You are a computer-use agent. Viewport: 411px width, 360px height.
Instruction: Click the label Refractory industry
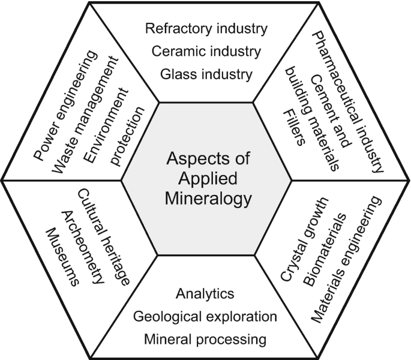(206, 28)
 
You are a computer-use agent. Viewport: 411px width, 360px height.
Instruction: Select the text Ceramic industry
(206, 52)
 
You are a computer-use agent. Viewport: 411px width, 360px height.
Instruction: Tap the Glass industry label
(206, 74)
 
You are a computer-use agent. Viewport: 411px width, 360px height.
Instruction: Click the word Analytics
(205, 294)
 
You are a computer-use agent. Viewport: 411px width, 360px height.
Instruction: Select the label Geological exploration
(205, 316)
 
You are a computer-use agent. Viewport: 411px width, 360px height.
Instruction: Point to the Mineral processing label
(205, 339)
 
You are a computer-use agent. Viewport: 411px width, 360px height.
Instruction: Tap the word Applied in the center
(205, 178)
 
